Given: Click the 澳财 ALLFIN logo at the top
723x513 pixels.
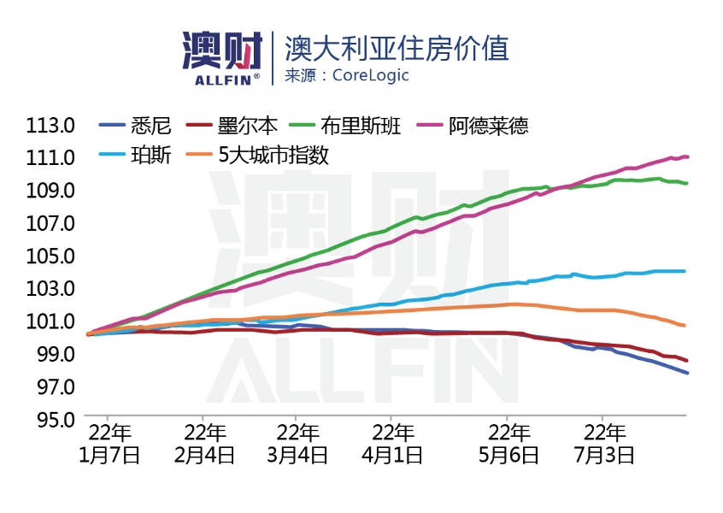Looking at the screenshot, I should click(221, 57).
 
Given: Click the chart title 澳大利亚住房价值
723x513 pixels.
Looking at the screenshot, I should click(397, 48).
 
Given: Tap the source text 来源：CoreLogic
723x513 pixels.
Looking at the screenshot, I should click(347, 75).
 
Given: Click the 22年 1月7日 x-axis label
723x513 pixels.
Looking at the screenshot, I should click(109, 443).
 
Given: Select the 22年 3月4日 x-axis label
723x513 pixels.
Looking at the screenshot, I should click(297, 443).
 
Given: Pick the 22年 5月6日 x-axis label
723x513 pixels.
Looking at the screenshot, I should click(508, 443).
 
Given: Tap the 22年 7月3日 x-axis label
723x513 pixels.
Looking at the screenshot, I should click(603, 443).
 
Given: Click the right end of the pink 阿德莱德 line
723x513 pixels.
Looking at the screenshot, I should click(688, 156).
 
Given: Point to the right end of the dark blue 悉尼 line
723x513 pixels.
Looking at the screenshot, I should click(688, 373).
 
